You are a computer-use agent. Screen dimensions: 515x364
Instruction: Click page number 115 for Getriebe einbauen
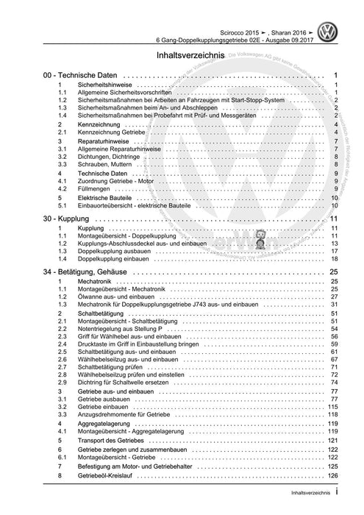[332, 407]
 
